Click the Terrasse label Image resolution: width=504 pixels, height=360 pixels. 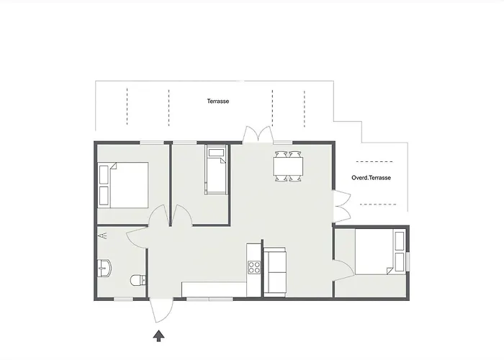[217, 102]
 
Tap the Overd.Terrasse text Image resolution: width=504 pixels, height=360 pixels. [371, 177]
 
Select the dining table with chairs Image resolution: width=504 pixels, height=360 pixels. [288, 166]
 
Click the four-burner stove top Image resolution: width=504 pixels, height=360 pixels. [253, 267]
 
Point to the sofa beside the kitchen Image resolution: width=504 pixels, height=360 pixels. [274, 271]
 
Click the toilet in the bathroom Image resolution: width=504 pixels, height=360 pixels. [138, 280]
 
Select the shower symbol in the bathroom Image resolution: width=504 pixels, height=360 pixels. [102, 235]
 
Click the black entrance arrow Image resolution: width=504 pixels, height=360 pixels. [158, 334]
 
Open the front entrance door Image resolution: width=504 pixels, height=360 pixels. [160, 311]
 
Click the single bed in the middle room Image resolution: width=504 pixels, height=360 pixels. [216, 170]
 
